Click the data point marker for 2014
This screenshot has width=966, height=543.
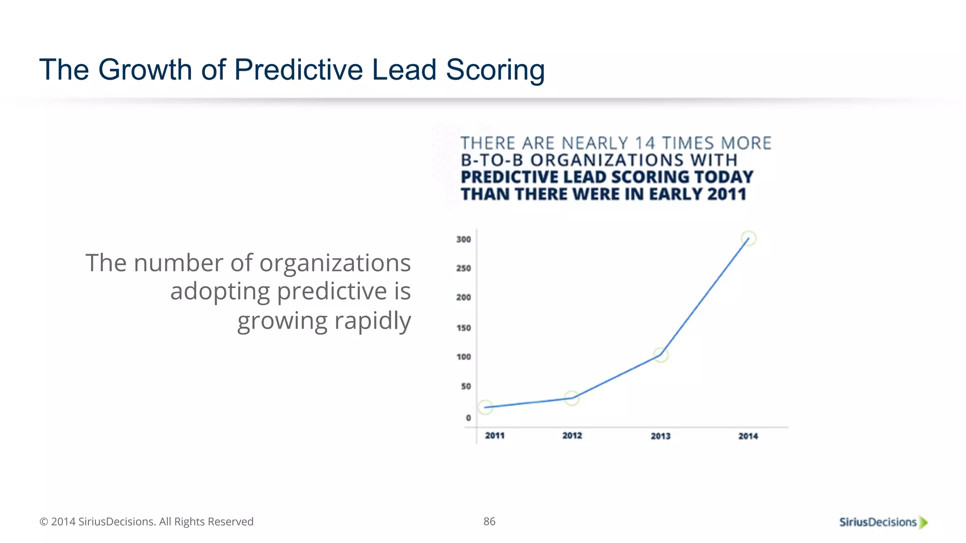(x=749, y=239)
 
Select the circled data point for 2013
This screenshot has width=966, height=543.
(x=661, y=355)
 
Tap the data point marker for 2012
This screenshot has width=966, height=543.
(x=572, y=398)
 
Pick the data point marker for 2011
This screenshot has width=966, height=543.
(x=485, y=407)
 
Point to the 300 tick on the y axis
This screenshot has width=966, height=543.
(x=464, y=239)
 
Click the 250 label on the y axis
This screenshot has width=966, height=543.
(x=464, y=268)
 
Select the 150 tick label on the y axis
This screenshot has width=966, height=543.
(x=464, y=328)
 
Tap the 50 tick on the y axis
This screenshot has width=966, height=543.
(x=466, y=387)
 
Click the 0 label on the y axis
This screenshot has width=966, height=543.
(x=468, y=418)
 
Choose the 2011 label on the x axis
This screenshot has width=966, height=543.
(x=495, y=436)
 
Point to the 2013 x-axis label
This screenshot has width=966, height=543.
(x=661, y=436)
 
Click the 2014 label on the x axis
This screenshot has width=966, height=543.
(x=748, y=436)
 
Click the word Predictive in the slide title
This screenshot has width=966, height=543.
(x=299, y=70)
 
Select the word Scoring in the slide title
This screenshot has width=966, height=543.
(x=495, y=71)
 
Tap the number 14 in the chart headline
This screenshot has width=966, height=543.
(x=645, y=143)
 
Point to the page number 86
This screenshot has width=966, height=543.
(x=490, y=521)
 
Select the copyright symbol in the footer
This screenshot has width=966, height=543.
(x=44, y=522)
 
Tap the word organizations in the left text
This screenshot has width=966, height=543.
(x=335, y=263)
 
